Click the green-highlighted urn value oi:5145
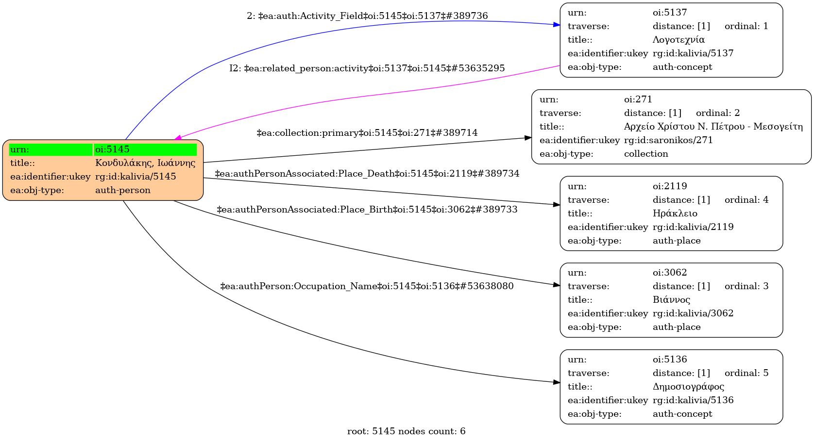coord(112,149)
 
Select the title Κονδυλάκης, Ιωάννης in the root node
coord(145,163)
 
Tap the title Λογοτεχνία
coord(678,40)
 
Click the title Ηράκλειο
coord(675,213)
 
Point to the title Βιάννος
coord(671,300)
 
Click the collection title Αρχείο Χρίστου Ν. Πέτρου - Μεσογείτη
coord(713,127)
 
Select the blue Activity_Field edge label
coord(367,16)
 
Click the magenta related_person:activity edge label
coord(367,68)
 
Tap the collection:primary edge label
coord(367,133)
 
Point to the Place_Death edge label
coord(367,174)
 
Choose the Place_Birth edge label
coord(367,210)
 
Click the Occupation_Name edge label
coord(367,286)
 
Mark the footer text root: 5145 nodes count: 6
coord(407,431)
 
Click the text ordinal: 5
coord(746,373)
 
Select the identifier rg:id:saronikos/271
coord(668,140)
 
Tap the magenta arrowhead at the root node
coord(178,137)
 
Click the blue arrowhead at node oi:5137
coord(557,25)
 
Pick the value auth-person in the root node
coord(123,190)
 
